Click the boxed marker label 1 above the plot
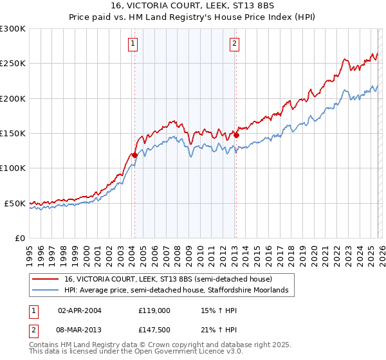pos(133,44)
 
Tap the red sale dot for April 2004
pos(134,155)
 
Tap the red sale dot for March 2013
pos(236,135)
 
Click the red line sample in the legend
pos(45,279)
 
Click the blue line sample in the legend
pos(45,291)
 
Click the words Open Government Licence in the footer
pos(183,352)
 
